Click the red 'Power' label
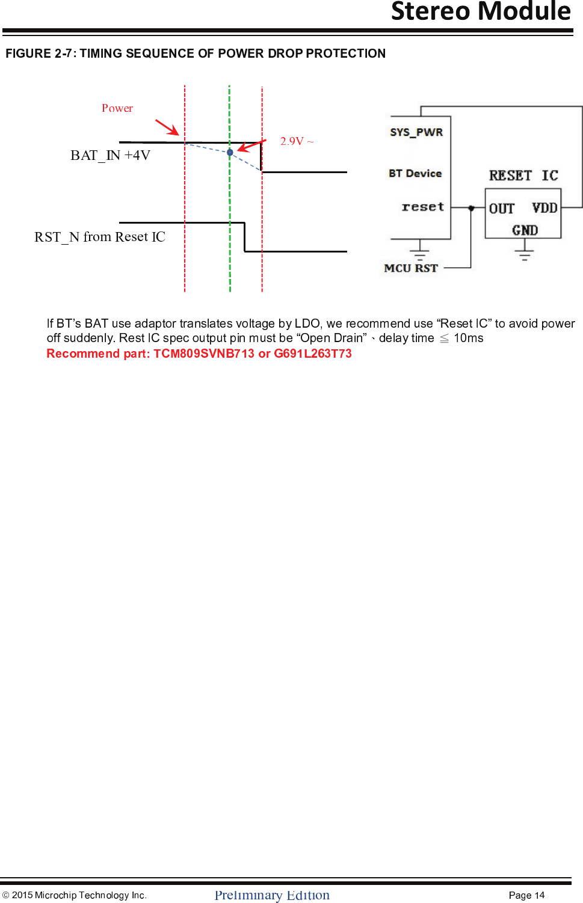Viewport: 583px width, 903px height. tap(117, 108)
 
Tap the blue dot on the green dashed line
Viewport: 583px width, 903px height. tap(230, 153)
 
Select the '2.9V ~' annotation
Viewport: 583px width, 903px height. tap(296, 141)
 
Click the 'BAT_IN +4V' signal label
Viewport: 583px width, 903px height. tap(110, 155)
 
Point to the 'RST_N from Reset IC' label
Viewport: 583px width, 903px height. tap(100, 237)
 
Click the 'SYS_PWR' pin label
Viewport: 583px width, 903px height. tap(416, 132)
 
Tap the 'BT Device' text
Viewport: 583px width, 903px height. tap(415, 173)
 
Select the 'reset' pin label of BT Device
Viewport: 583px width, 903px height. tap(423, 207)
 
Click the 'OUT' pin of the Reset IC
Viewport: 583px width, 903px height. tap(502, 209)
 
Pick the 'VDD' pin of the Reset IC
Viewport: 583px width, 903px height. tap(544, 208)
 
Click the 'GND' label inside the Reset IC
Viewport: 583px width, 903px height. tap(525, 230)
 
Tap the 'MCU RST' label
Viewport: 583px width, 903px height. tap(411, 268)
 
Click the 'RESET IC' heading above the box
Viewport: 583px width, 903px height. tap(523, 176)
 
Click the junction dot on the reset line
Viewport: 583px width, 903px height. tap(472, 208)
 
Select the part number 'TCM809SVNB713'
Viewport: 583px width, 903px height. tap(204, 354)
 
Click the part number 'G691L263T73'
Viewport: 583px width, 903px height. tap(313, 354)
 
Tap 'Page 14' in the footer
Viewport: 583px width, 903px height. tap(526, 895)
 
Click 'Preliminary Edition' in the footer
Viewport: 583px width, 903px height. tap(272, 895)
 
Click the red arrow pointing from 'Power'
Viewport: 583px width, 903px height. tap(167, 127)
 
